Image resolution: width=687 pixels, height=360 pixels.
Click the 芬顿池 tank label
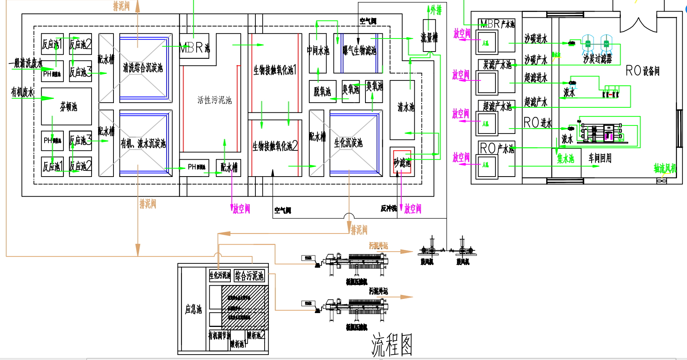pos(68,107)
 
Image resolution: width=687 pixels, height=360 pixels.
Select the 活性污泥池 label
pos(214,100)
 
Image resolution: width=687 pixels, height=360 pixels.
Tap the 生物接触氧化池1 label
pos(275,70)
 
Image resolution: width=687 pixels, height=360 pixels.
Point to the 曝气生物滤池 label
pos(359,50)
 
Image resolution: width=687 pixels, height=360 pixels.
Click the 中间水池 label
pos(318,50)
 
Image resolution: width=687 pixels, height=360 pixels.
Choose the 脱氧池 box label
pos(322,92)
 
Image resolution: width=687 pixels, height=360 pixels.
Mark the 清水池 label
pos(406,107)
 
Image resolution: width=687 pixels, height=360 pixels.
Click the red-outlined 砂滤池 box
pos(402,162)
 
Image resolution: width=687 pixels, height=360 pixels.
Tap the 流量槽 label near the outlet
pos(429,37)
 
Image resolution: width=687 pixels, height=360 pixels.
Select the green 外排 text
pos(436,10)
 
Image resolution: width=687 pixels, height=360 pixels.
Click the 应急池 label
pos(193,309)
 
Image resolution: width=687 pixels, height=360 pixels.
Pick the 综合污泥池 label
pos(249,275)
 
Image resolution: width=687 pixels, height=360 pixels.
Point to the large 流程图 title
pos(392,345)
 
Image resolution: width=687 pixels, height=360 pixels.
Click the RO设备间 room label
pos(642,71)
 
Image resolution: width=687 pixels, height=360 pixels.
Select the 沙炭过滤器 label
pos(597,58)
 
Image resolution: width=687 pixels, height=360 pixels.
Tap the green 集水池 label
pos(565,158)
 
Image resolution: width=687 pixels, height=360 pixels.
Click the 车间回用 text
pos(600,158)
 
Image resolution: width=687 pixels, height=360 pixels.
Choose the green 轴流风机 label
pos(665,168)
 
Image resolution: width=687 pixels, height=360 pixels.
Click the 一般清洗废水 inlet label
pos(26,63)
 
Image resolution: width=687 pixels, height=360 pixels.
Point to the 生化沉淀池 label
pos(348,143)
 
